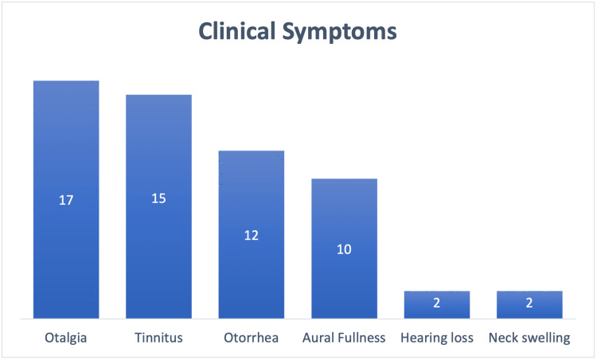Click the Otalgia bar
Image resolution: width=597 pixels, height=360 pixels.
point(66,199)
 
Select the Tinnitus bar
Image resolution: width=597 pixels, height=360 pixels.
point(158,206)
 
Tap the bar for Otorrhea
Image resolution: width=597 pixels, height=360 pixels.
point(252,234)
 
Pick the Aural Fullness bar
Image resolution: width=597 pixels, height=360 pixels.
point(344,248)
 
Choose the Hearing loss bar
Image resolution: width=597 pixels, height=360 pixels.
point(437,304)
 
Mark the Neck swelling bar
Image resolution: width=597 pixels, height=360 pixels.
point(529,304)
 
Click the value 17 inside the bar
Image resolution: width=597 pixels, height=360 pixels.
point(66,200)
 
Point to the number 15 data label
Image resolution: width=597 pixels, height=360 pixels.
point(158,198)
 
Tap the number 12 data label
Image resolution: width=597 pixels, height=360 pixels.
point(252,235)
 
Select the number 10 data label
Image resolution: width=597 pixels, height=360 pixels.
point(344,249)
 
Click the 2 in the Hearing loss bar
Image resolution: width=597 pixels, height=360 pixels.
point(437,303)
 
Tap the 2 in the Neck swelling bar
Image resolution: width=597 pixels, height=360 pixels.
point(529,303)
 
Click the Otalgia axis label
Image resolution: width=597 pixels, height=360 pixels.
point(66,338)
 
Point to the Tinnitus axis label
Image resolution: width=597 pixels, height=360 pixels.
point(158,338)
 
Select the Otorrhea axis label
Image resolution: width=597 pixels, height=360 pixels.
point(252,338)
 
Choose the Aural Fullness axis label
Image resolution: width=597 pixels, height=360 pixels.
point(344,338)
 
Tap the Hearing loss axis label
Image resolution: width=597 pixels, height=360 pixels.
point(437,338)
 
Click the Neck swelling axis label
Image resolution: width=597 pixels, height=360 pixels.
point(529,338)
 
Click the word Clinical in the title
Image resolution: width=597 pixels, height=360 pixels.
point(236,31)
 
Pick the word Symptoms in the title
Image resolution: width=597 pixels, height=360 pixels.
point(339,33)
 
